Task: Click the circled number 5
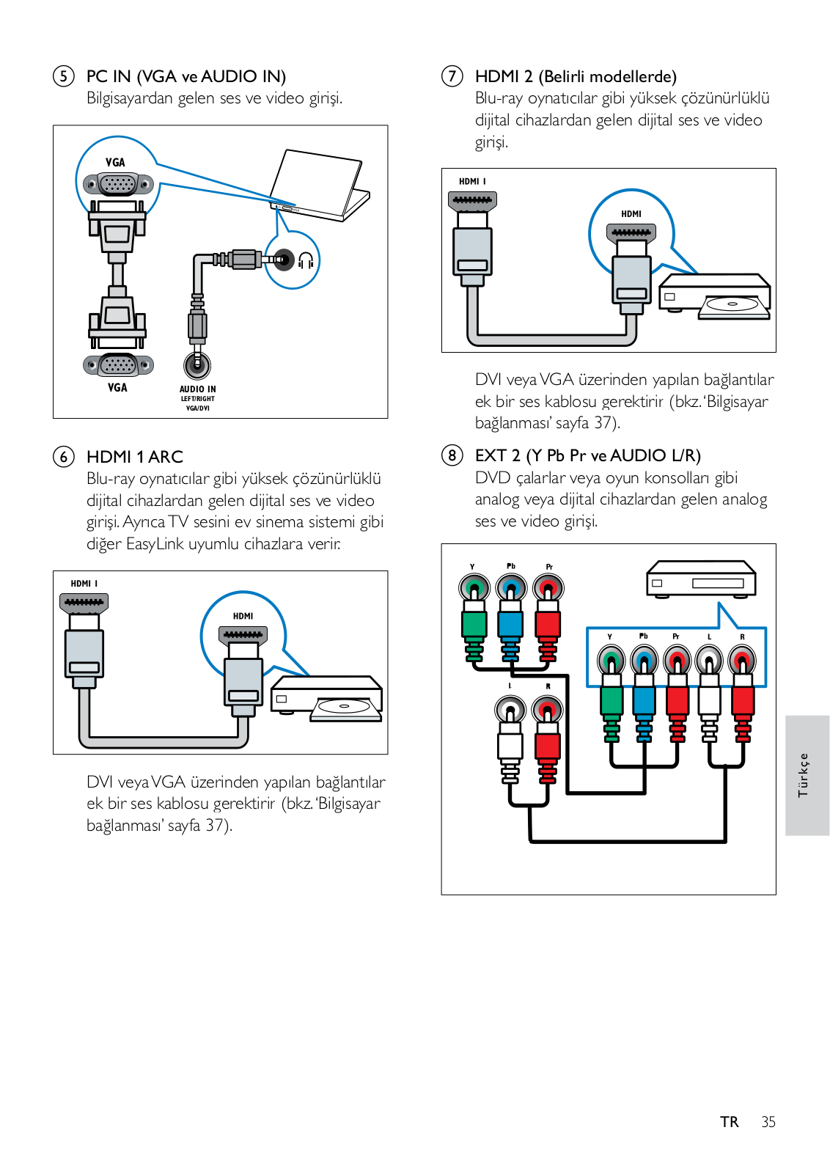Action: click(x=64, y=76)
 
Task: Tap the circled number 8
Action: click(x=452, y=455)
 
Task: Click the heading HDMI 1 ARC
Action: click(x=135, y=457)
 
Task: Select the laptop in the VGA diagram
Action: click(x=320, y=186)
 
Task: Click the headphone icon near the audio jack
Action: click(x=306, y=260)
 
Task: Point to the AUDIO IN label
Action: click(x=198, y=389)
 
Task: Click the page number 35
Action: click(x=768, y=1122)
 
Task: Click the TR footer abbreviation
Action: click(x=729, y=1122)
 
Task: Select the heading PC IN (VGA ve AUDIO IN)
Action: click(x=186, y=76)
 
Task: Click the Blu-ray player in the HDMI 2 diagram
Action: click(x=716, y=296)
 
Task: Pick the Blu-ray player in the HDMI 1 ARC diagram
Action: click(x=327, y=698)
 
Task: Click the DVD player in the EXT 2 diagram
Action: click(x=701, y=579)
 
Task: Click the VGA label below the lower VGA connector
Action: click(x=117, y=388)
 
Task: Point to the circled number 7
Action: click(x=452, y=76)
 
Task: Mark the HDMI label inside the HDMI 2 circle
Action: click(x=631, y=214)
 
